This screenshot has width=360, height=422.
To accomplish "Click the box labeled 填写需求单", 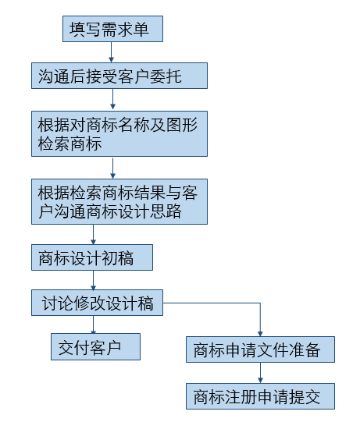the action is point(112,29).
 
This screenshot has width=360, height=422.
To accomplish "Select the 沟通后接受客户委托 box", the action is point(119,76).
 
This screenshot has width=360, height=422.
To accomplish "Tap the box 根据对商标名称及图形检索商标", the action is point(119,133).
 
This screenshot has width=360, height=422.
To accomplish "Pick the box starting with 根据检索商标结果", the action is point(119,201).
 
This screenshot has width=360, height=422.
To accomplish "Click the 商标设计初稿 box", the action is point(92,257).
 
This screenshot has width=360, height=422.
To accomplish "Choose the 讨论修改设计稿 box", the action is point(97,303).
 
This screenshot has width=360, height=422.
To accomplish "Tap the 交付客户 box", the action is point(95,346).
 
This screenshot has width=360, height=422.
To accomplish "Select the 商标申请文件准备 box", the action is point(260,349).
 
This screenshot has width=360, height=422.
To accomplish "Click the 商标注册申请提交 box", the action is point(260,396).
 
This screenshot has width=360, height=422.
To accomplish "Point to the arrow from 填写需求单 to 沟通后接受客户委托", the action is point(112,52).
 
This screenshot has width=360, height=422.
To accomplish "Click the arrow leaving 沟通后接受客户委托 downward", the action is point(113,99).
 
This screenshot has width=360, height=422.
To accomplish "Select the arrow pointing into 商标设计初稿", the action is point(93,234).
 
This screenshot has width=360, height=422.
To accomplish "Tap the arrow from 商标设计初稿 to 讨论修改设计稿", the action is point(93,280).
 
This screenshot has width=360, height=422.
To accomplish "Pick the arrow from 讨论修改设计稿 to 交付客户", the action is point(93,324).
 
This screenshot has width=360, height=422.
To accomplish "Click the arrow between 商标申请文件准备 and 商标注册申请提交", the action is point(260,373).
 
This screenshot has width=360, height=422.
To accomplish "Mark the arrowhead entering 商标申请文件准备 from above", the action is point(260,334).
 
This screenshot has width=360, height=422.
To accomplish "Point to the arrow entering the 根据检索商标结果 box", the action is point(113,168).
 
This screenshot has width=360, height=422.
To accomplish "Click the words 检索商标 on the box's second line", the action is point(70,144).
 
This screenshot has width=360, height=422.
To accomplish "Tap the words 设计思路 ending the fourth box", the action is point(150,211).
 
